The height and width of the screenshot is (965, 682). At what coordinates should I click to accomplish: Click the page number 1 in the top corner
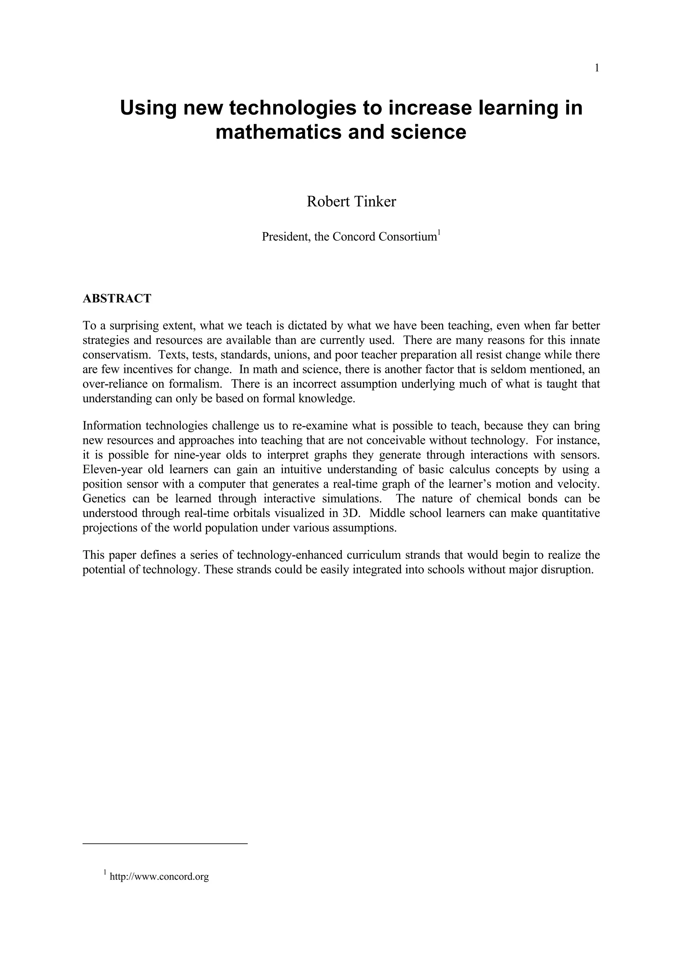[x=597, y=68]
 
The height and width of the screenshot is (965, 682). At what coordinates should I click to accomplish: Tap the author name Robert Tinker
[x=351, y=202]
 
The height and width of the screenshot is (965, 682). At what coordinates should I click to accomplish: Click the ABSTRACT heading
[x=117, y=298]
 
